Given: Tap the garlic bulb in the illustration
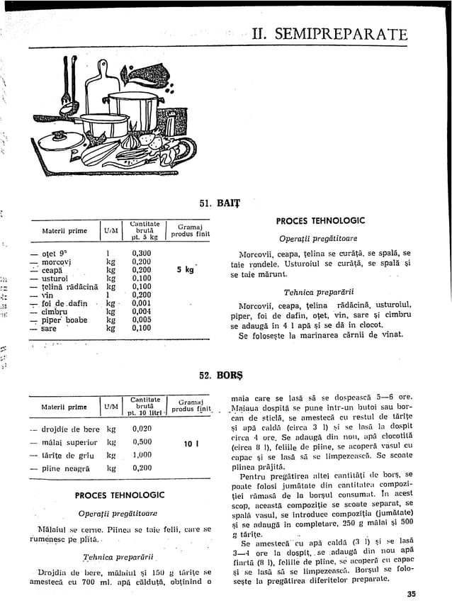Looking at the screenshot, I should pos(131,142).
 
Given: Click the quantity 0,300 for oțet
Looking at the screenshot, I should pos(142,253).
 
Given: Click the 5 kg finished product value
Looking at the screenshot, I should pos(185,270).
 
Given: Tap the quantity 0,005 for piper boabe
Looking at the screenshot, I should pos(142,320).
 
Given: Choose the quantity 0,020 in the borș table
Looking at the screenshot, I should pos(142,429).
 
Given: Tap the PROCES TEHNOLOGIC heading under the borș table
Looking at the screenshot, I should pos(119,495).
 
